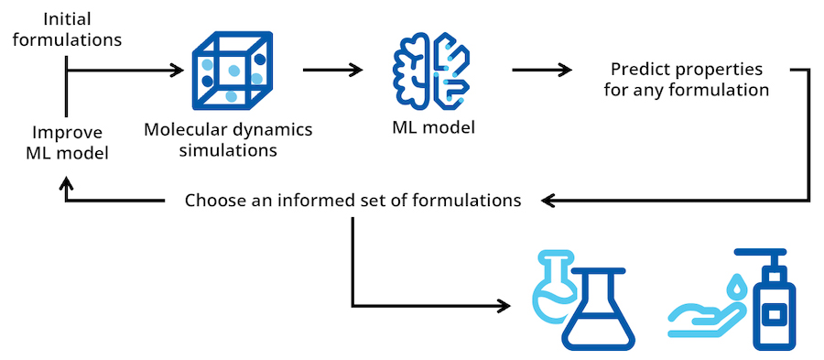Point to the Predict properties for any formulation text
pyautogui.click(x=686, y=80)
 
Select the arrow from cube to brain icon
pyautogui.click(x=329, y=70)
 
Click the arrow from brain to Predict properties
pyautogui.click(x=541, y=70)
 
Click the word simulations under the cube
pyautogui.click(x=228, y=149)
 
